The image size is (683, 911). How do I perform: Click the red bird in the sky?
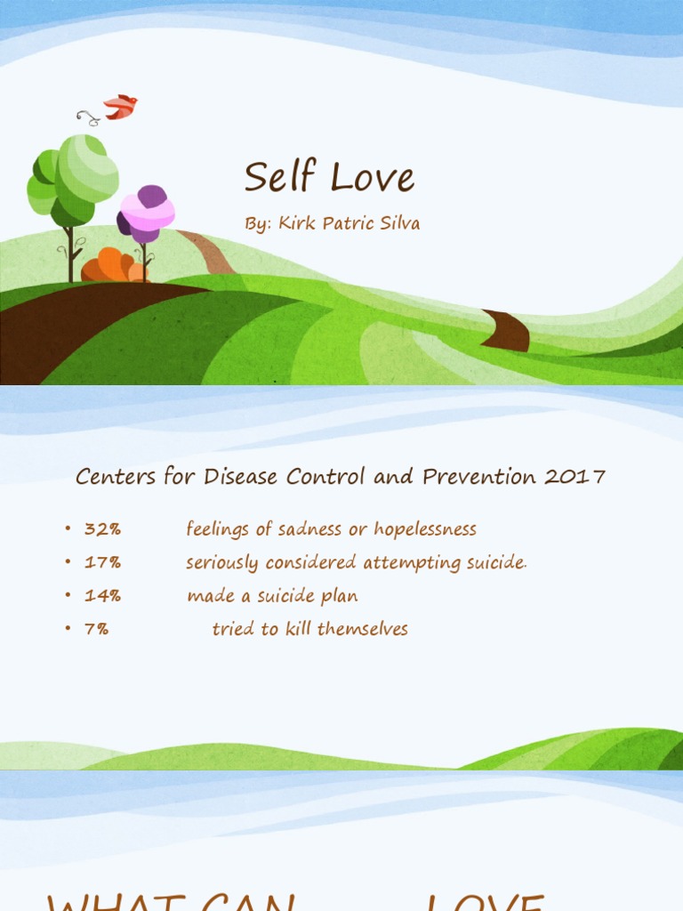click(121, 107)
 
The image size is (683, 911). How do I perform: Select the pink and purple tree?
click(146, 214)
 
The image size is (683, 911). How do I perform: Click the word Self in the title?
click(280, 177)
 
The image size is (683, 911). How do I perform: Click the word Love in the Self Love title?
click(372, 178)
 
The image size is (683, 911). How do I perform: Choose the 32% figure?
click(102, 529)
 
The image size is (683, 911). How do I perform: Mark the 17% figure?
click(102, 562)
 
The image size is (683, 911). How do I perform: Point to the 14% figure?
click(102, 596)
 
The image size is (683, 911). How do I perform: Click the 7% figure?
click(96, 629)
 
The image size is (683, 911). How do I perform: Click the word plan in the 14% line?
click(341, 596)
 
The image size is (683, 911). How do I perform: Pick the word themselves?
click(363, 629)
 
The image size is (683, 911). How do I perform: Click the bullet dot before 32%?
click(67, 529)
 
